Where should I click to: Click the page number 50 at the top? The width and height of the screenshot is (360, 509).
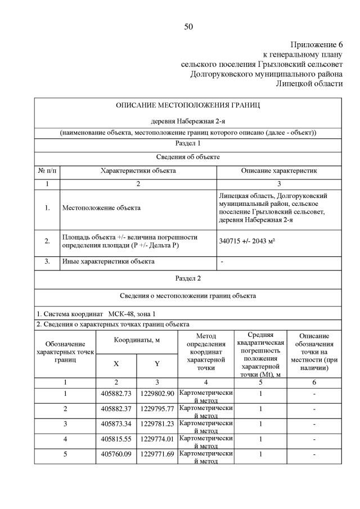point(188,27)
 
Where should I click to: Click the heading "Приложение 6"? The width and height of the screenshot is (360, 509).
point(317,44)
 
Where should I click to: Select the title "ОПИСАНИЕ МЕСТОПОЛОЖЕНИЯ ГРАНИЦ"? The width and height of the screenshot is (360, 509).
point(188,105)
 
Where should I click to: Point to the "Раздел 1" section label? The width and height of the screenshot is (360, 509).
point(188,145)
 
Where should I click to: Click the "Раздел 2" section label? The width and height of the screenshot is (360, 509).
point(188,278)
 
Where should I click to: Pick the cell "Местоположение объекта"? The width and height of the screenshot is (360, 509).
point(101,208)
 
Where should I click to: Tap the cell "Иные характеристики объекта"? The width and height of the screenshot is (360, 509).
point(108,262)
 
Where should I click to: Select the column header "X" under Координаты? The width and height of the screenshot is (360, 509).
point(116,364)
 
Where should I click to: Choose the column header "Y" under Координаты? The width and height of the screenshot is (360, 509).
point(157,364)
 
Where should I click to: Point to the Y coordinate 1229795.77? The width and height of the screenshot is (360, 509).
point(157,408)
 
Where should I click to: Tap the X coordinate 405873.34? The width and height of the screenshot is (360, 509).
point(116,424)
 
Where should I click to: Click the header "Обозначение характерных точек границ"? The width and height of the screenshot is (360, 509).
point(66,351)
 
